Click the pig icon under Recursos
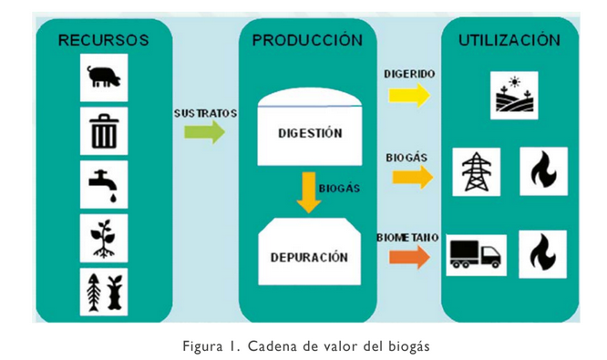coord(103,77)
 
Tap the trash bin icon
coord(103,131)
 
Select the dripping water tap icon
coord(103,185)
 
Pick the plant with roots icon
coord(103,237)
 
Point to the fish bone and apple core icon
coord(103,291)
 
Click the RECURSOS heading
coord(103,41)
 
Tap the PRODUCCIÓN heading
coord(307,41)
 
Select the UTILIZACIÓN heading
coord(509,41)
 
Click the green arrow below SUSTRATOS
coord(204,133)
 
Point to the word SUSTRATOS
coord(205,113)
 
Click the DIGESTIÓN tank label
coord(310,133)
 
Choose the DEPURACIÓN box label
coord(309,257)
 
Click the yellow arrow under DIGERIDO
coord(409,94)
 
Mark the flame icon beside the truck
coord(543,253)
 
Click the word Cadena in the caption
coord(266,345)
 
